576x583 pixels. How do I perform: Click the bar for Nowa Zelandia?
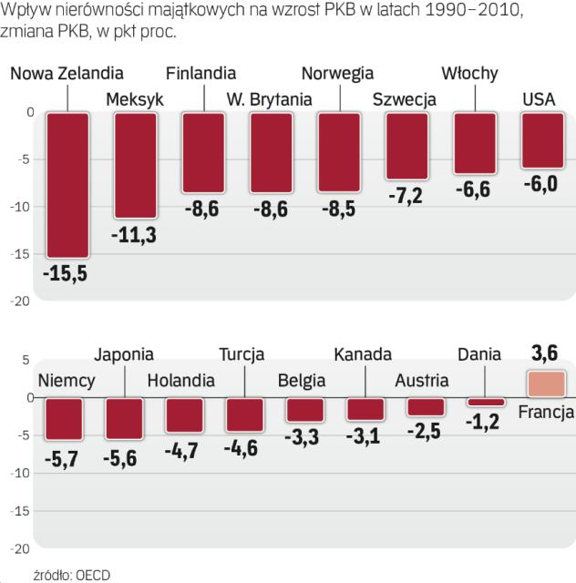click(67, 185)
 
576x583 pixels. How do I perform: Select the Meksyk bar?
click(135, 165)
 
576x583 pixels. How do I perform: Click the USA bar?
click(541, 140)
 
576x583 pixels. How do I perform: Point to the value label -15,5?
click(67, 272)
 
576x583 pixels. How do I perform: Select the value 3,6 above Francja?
click(544, 351)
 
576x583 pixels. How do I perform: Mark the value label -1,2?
click(485, 422)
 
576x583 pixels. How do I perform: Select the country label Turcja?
click(242, 354)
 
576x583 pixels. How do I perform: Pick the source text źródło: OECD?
click(65, 574)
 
